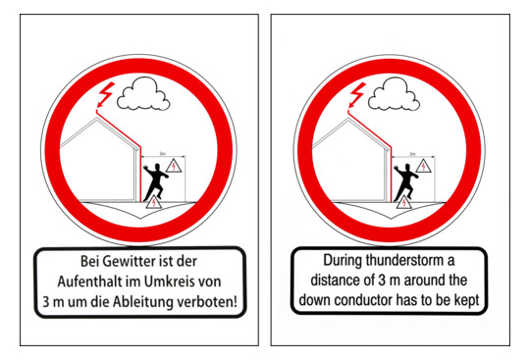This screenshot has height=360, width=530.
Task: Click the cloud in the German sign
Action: click(143, 94)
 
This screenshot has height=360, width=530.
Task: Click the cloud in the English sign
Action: click(394, 94)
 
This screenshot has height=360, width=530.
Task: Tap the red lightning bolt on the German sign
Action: click(105, 95)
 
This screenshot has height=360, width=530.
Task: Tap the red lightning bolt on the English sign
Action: click(356, 95)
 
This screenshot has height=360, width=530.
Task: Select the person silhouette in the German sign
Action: click(155, 182)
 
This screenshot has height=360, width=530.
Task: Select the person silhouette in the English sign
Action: click(405, 182)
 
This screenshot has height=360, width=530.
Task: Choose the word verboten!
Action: click(207, 301)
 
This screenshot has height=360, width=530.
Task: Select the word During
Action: click(343, 260)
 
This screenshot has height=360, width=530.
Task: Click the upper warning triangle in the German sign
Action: click(174, 166)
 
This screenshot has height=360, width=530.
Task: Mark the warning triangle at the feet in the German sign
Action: click(154, 202)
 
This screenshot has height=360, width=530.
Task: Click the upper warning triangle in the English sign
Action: click(424, 166)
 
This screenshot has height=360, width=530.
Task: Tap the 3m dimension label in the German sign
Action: click(163, 154)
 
